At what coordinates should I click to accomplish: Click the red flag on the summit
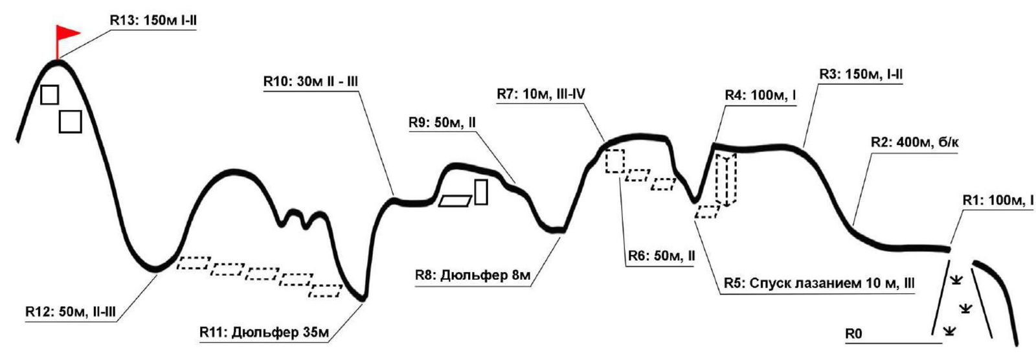67,33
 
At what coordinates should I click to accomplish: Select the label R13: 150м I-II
152,21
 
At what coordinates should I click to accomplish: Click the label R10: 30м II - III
310,82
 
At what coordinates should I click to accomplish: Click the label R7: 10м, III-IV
541,94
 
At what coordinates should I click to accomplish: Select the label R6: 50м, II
661,256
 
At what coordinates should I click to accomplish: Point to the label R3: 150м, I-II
861,74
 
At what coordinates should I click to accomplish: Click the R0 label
853,334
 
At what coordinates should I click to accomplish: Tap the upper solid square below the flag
50,95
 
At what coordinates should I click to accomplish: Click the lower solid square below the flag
70,121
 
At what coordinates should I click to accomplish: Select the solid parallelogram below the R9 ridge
455,200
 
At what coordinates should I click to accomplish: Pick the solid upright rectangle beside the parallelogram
480,192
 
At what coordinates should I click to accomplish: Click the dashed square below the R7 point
614,161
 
